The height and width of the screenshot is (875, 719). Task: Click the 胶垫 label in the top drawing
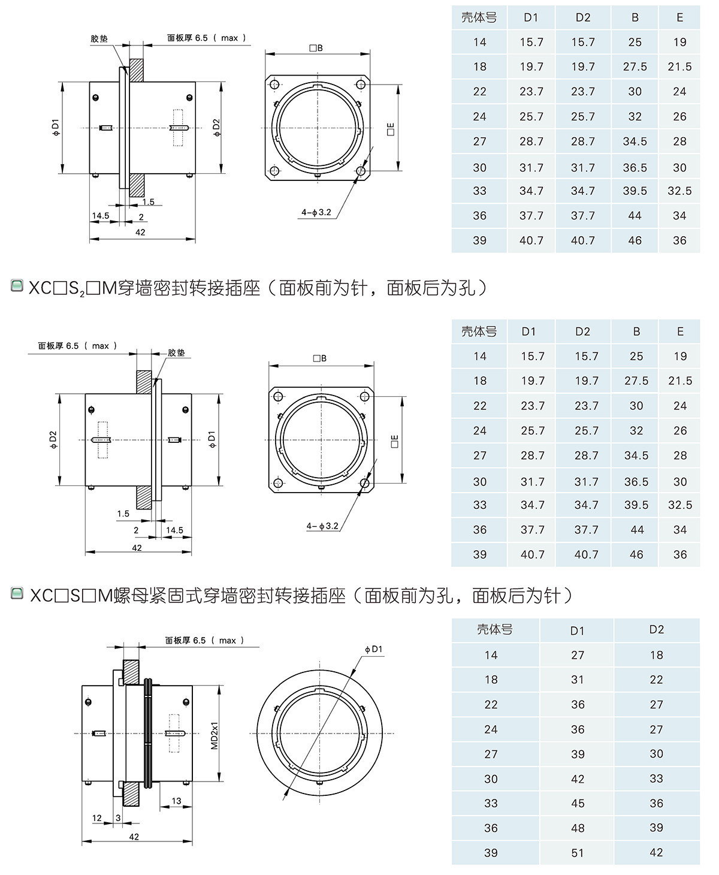coord(99,38)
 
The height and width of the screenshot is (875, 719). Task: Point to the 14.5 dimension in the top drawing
coord(101,216)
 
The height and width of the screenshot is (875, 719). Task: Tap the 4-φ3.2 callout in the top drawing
coord(316,212)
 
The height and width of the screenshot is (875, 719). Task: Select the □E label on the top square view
coord(390,128)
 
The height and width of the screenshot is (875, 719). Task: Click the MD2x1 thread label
coord(214,734)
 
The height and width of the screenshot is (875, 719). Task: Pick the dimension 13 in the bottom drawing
coord(176,801)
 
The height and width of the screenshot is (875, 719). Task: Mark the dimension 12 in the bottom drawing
coord(97,817)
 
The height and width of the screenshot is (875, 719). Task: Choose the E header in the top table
coord(679,18)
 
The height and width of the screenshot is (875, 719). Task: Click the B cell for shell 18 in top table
coord(635,67)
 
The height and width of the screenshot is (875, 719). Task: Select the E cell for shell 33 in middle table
coord(679,505)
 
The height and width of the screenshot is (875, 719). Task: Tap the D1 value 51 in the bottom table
coord(577,853)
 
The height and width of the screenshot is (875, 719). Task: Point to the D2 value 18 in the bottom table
coord(656,655)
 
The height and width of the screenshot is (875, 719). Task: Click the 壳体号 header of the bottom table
coord(494,630)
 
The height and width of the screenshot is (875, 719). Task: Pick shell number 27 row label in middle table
coord(479,455)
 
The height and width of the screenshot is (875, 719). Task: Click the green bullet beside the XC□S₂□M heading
coord(17,286)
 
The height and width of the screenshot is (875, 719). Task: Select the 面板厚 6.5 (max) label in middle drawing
coord(77,346)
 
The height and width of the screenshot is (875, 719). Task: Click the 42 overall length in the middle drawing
coord(137,548)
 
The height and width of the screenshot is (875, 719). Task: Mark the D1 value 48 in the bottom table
coord(577,828)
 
